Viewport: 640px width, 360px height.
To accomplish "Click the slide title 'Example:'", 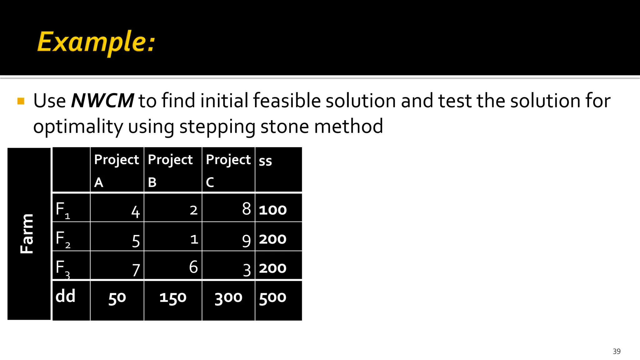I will coord(96,42).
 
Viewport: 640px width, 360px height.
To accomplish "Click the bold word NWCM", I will coord(102,101).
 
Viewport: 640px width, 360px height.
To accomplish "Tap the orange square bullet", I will coord(21,101).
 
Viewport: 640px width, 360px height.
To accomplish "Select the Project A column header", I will coord(117,170).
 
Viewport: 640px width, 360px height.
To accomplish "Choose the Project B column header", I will coord(170,170).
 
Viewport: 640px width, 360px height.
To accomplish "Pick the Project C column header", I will coord(228,170).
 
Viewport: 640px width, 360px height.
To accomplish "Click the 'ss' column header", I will coord(265,161).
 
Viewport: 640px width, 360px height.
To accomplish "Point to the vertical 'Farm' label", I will coord(27,234).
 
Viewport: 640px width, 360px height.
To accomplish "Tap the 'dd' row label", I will coord(65,296).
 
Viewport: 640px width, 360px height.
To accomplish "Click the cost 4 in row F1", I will coord(135,212).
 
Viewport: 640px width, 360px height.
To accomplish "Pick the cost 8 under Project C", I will coord(246,209).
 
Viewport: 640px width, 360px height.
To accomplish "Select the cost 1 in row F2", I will coord(194,239).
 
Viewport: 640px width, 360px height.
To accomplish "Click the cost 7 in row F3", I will coord(136,270).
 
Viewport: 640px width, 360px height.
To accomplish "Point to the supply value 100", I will coord(272,210).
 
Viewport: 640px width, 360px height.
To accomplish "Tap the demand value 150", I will coord(173,298).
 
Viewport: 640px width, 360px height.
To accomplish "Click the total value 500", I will coord(272,297).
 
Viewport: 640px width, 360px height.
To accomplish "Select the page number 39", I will coord(617,352).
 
